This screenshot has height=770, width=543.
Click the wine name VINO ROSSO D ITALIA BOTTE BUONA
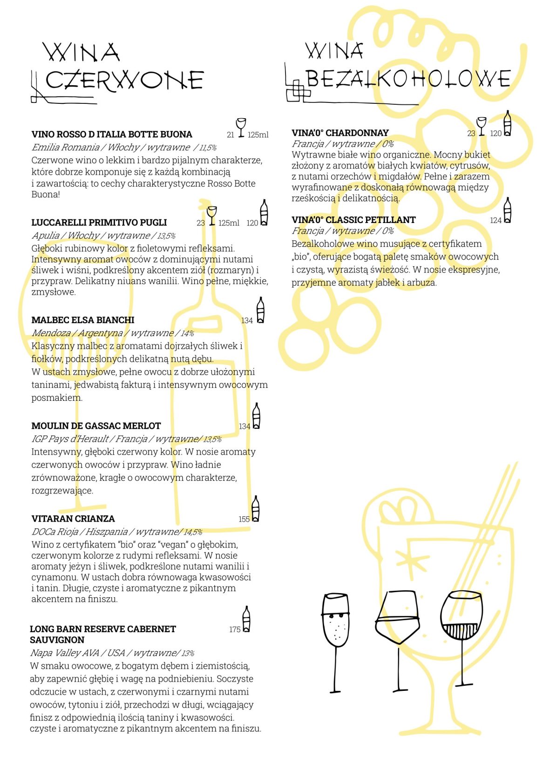[x=112, y=134]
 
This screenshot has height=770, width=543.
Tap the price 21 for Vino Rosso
[x=231, y=135]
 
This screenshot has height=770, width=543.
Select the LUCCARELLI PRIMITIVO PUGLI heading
[x=99, y=223]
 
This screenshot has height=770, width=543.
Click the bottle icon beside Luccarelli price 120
[x=264, y=212]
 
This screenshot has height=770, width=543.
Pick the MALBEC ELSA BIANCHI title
[x=83, y=320]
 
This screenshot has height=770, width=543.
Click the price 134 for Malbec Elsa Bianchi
[x=247, y=321]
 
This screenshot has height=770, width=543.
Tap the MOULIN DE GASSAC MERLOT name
[x=96, y=426]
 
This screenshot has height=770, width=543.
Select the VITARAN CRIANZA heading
[x=73, y=519]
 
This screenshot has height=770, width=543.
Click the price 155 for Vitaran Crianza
[x=244, y=520]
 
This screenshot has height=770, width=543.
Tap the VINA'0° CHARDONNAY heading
[x=340, y=133]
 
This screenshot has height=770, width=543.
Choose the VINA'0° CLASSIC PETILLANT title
[x=354, y=220]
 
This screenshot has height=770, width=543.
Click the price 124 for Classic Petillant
[x=496, y=220]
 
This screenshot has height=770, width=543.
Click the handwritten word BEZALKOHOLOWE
[x=408, y=79]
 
